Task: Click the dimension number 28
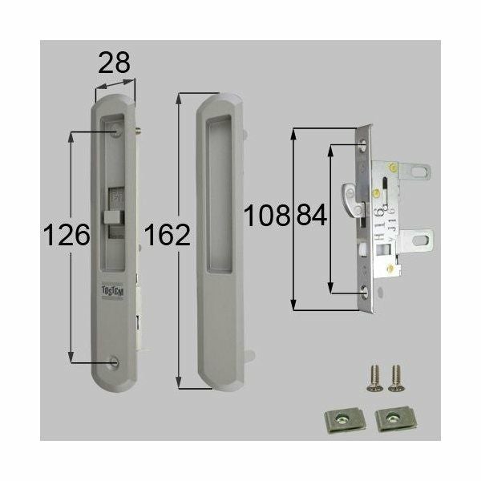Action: click(x=115, y=63)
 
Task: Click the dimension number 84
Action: click(x=313, y=216)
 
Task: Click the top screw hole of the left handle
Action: click(x=117, y=128)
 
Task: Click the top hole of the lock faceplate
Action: click(x=366, y=146)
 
